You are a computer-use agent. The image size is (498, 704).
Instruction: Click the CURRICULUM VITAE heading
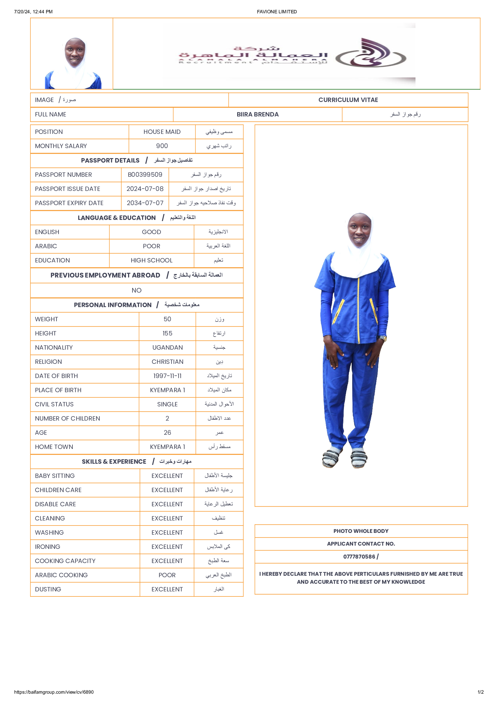(348, 100)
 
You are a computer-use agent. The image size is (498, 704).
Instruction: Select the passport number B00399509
(145, 175)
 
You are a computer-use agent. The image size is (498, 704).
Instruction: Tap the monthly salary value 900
(162, 146)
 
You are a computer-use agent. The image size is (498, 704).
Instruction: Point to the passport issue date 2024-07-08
(145, 189)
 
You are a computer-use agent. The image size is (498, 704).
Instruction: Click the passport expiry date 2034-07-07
(145, 203)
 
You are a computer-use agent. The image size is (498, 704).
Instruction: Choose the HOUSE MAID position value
(162, 132)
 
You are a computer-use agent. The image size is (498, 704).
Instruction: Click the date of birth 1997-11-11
(167, 376)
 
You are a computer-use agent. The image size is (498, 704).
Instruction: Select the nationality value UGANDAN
(167, 347)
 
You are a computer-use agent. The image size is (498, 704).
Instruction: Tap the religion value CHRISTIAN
(167, 362)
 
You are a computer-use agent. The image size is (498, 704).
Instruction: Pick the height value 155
(167, 333)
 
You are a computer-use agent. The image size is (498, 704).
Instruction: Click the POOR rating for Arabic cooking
(167, 575)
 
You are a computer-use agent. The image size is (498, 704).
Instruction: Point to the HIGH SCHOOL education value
(151, 260)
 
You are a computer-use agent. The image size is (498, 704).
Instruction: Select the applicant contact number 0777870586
(359, 557)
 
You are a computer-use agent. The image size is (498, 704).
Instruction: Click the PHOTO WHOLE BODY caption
(361, 531)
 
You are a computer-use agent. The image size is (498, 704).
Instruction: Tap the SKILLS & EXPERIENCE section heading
(114, 462)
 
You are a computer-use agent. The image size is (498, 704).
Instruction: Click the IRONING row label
(48, 547)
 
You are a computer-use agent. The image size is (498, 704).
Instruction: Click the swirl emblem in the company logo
(371, 54)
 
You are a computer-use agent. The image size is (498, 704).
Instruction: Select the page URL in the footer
(54, 692)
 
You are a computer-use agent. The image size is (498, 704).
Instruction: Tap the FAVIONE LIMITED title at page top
(277, 12)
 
